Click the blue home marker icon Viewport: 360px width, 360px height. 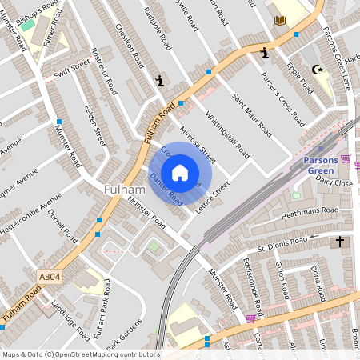coord(180,172)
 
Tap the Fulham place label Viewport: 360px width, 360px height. coord(124,190)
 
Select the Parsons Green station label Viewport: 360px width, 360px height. coord(326,165)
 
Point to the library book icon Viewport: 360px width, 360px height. coord(279,20)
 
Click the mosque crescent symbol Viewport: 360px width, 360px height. coord(319,70)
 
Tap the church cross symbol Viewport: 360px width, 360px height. coord(339,241)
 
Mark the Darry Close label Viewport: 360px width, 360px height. coord(334,182)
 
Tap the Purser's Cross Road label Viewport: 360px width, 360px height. coord(284,100)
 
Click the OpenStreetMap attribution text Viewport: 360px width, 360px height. coord(80,354)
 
